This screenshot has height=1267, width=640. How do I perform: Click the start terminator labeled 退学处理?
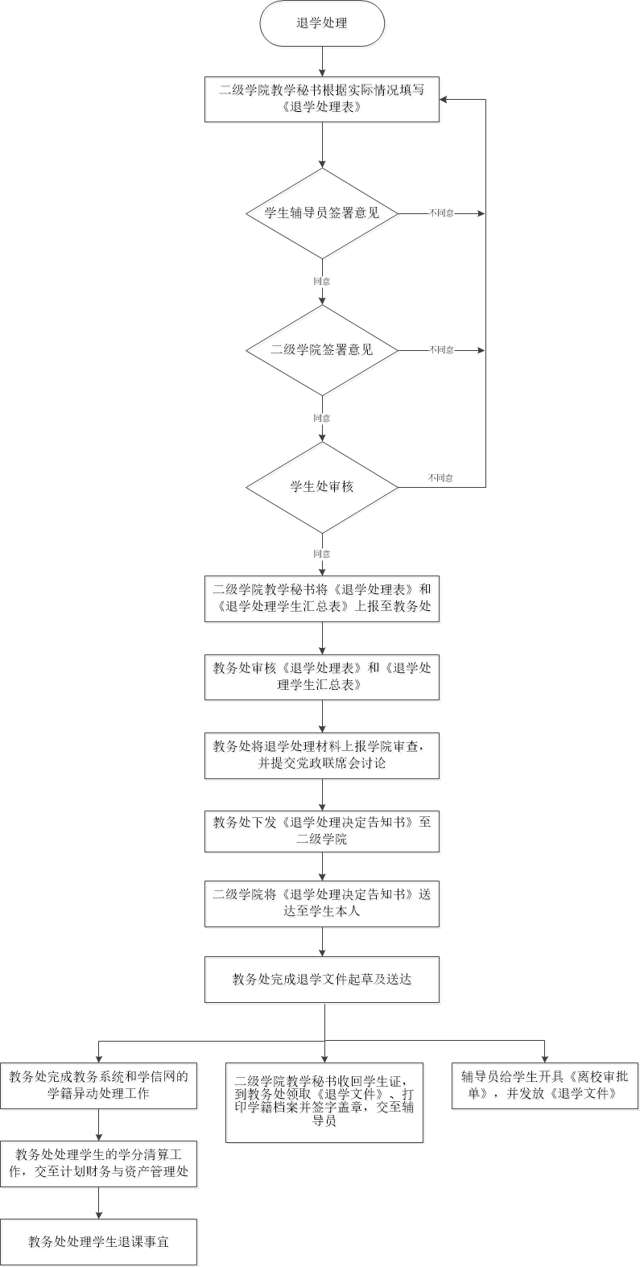322,23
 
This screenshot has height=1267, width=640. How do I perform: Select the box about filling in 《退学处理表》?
322,99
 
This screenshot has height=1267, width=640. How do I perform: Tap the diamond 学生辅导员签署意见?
322,213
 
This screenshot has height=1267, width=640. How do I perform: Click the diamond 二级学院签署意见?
322,350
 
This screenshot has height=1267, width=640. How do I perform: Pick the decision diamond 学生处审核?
322,487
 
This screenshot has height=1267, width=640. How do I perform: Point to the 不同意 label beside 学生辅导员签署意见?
441,213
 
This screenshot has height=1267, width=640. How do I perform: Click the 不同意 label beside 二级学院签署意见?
441,350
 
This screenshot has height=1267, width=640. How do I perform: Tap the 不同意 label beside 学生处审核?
440,478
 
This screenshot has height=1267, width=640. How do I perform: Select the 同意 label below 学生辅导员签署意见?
322,282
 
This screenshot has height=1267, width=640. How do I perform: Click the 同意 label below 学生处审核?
322,554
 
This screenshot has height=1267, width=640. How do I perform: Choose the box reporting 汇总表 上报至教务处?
322,598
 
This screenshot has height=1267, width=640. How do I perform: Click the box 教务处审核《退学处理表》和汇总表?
322,677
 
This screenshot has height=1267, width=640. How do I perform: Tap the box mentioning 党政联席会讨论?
322,755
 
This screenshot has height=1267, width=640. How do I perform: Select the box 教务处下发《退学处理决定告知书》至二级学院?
322,831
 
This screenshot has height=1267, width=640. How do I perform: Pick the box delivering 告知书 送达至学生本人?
322,903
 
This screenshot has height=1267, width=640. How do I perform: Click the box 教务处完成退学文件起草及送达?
322,980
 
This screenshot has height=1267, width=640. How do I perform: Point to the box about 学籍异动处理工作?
98,1085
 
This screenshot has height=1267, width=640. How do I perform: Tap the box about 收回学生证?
324,1102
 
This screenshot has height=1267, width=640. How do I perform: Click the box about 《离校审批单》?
544,1085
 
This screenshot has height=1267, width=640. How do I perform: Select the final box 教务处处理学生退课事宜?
98,1242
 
